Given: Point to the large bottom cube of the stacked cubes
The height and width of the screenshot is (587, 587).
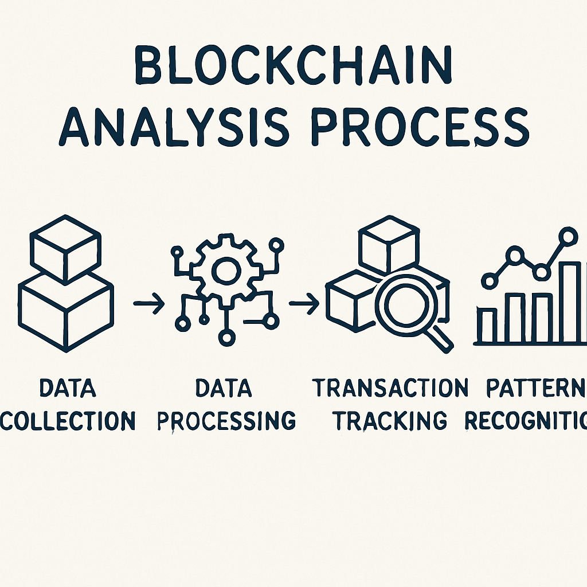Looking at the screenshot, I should (65, 310).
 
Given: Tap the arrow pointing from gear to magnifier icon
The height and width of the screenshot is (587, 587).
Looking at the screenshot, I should (304, 304).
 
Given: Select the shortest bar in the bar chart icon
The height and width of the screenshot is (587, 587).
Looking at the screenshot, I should (488, 326).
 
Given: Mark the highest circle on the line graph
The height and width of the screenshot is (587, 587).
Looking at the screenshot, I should (568, 235).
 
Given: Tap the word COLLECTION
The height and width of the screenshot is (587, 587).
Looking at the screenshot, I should (68, 421).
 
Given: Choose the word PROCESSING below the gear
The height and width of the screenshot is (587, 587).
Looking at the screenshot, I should (226, 421).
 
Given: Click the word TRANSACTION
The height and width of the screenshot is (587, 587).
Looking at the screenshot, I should (390, 389).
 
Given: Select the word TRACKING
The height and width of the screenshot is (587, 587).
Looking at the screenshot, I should (390, 421).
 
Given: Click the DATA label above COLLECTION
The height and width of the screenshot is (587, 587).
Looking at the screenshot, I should (68, 389).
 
